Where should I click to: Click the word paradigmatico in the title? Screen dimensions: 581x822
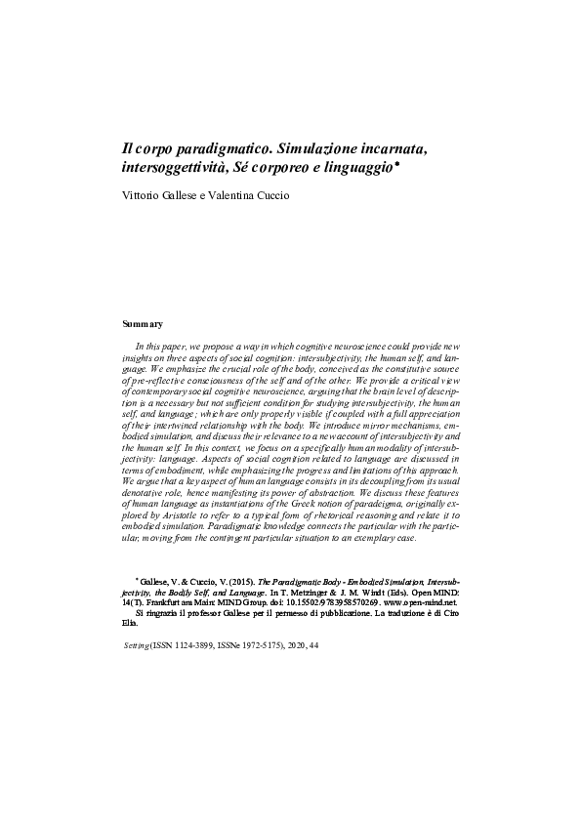(x=210, y=149)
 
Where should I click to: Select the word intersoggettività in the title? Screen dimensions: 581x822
(x=178, y=170)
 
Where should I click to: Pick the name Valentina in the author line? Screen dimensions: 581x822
(x=237, y=195)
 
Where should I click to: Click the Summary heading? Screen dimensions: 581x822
(x=141, y=323)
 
